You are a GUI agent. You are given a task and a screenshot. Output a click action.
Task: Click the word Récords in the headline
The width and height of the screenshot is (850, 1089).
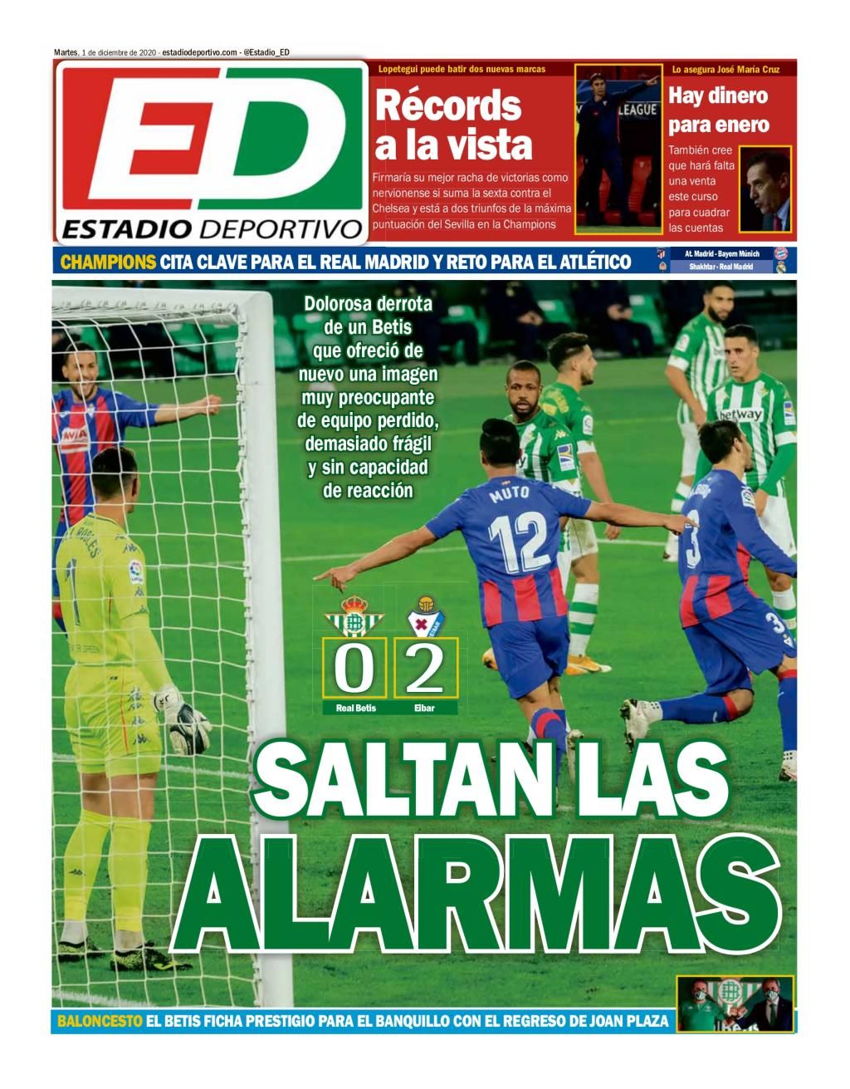click(448, 106)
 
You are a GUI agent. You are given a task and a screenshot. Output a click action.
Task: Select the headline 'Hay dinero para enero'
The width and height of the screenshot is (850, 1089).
click(719, 110)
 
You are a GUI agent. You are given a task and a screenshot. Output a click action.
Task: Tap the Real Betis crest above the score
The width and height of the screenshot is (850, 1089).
click(354, 616)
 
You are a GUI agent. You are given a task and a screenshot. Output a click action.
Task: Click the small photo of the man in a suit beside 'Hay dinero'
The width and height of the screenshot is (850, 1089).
click(765, 189)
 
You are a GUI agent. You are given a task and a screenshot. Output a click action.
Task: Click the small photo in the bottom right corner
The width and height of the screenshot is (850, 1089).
click(735, 1004)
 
